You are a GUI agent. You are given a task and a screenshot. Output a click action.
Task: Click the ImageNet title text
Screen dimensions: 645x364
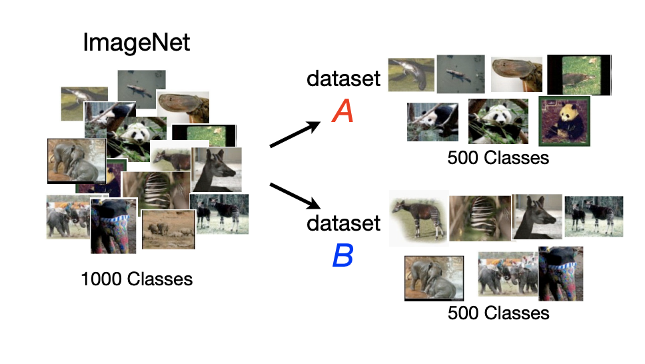[136, 43]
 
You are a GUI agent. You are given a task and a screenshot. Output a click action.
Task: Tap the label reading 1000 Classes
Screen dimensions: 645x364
[137, 279]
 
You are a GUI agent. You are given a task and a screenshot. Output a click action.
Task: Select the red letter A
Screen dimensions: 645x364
[342, 111]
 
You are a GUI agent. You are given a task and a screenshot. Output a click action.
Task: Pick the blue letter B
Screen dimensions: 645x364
[342, 255]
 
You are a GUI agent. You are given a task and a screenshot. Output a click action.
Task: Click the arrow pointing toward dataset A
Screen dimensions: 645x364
[295, 134]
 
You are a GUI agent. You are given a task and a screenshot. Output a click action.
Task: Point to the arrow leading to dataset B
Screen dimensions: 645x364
[295, 195]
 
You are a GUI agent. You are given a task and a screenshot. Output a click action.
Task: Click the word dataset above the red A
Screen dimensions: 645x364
[343, 78]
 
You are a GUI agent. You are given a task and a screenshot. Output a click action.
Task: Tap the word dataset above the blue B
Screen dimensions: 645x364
[343, 223]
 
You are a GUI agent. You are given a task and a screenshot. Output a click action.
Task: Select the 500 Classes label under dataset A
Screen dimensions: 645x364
[498, 158]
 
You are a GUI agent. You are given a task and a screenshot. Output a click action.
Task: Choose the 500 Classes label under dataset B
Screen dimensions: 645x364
[498, 313]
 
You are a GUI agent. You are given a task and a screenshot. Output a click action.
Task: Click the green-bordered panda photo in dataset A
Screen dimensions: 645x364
[564, 121]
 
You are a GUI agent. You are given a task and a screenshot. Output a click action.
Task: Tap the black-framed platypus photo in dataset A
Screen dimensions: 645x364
[579, 75]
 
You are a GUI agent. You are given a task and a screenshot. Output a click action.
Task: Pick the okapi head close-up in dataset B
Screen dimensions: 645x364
[537, 217]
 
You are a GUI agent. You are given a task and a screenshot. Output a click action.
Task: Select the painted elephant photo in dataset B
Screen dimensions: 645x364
[560, 273]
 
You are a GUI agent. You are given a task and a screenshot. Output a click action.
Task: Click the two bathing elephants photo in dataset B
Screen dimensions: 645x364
[434, 279]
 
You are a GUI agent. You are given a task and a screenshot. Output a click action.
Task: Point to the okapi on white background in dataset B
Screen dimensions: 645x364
[418, 218]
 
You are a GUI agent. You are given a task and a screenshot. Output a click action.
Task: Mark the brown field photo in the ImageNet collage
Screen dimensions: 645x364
[168, 230]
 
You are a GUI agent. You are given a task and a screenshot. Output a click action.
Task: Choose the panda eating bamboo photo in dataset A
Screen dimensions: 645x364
[498, 121]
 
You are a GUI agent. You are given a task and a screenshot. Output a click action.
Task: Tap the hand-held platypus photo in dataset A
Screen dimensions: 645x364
[516, 74]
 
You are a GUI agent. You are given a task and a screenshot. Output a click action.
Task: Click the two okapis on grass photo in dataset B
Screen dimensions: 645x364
[594, 216]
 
